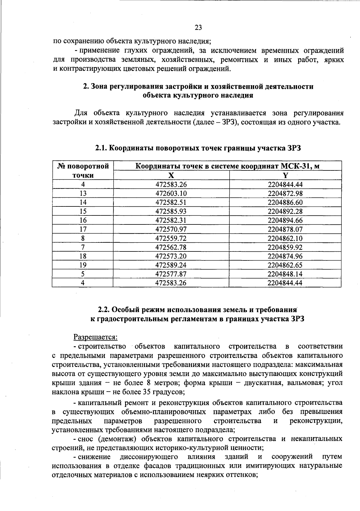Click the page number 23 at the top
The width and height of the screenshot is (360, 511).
(198, 28)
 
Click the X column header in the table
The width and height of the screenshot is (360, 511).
(171, 176)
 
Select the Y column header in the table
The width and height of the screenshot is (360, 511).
(285, 176)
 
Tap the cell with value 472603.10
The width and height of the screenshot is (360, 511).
(171, 194)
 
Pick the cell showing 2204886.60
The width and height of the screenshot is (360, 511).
(285, 203)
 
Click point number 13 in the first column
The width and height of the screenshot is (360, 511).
(83, 194)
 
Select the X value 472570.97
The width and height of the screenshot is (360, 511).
(171, 230)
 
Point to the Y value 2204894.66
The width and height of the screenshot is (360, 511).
(285, 221)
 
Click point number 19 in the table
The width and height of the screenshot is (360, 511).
(83, 265)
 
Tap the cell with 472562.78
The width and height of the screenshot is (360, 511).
(171, 248)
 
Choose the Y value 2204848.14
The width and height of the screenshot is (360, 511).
(285, 274)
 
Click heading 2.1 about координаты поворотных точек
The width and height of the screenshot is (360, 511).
(198, 148)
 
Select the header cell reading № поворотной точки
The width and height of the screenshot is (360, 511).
(83, 171)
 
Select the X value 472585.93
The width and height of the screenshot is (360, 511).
(171, 212)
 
